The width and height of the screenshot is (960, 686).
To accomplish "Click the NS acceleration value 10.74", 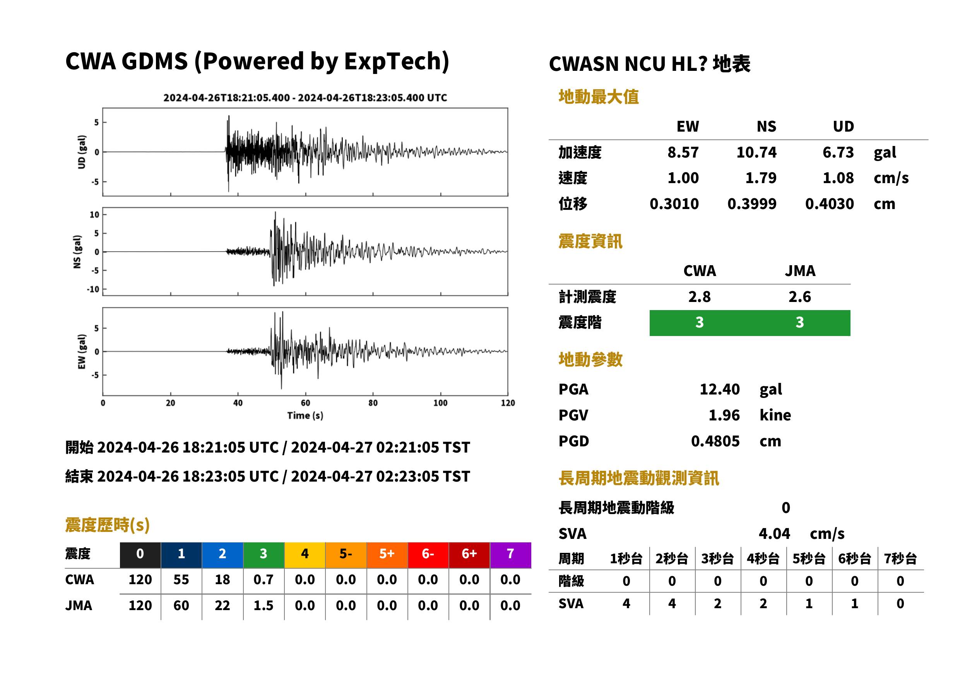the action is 756,152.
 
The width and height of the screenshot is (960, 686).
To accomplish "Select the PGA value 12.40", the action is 719,389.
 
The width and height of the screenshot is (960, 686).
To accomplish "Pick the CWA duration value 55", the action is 181,580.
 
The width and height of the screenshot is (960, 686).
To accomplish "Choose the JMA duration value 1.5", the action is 264,605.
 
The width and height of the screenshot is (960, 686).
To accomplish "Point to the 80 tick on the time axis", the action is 373,403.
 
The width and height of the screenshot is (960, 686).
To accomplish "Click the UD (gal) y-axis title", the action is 82,152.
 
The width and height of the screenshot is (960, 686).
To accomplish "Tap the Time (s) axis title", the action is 305,416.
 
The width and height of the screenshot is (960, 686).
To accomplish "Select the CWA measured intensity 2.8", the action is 699,297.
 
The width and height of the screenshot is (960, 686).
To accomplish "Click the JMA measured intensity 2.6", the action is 799,297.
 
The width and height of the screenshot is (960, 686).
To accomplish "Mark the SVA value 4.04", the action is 774,533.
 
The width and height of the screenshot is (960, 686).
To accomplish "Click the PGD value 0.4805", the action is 715,441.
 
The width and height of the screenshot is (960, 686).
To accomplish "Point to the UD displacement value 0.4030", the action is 830,204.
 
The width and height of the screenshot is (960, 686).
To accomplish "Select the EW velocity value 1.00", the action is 683,178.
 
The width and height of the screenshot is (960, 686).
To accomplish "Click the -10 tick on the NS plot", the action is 93,289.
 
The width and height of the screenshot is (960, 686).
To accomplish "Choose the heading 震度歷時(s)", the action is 107,525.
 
